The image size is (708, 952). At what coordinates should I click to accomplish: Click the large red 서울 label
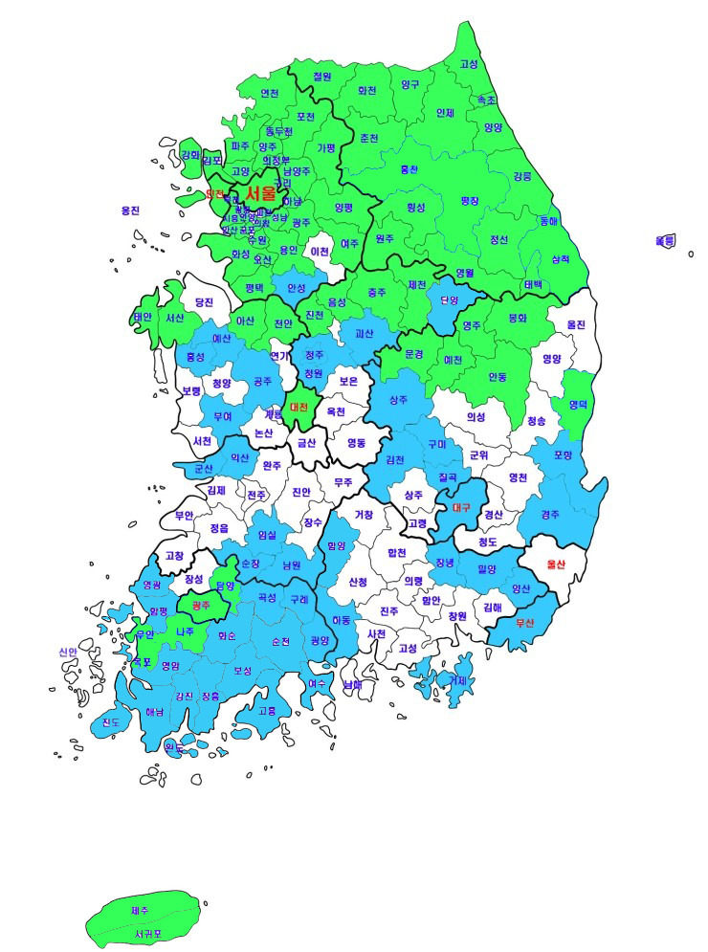pos(260,193)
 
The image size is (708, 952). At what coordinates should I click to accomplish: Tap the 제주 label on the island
pos(140,911)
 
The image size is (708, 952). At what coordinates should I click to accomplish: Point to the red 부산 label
pos(524,623)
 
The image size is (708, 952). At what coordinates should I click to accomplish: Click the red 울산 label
pos(556,564)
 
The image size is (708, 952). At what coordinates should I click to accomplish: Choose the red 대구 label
pos(462,507)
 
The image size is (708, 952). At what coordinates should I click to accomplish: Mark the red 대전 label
pos(299,408)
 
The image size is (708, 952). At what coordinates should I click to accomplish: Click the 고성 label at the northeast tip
pos(469,64)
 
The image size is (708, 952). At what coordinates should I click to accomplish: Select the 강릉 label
pos(522,176)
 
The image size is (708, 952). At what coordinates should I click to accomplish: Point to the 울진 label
pos(575,324)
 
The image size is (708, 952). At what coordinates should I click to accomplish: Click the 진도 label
pos(111,723)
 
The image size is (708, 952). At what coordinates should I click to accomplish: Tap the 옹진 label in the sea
pos(131,210)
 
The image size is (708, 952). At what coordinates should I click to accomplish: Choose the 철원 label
pos(322,77)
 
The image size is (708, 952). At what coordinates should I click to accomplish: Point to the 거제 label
pos(458,680)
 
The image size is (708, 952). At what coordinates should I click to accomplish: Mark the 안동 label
pos(498,376)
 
